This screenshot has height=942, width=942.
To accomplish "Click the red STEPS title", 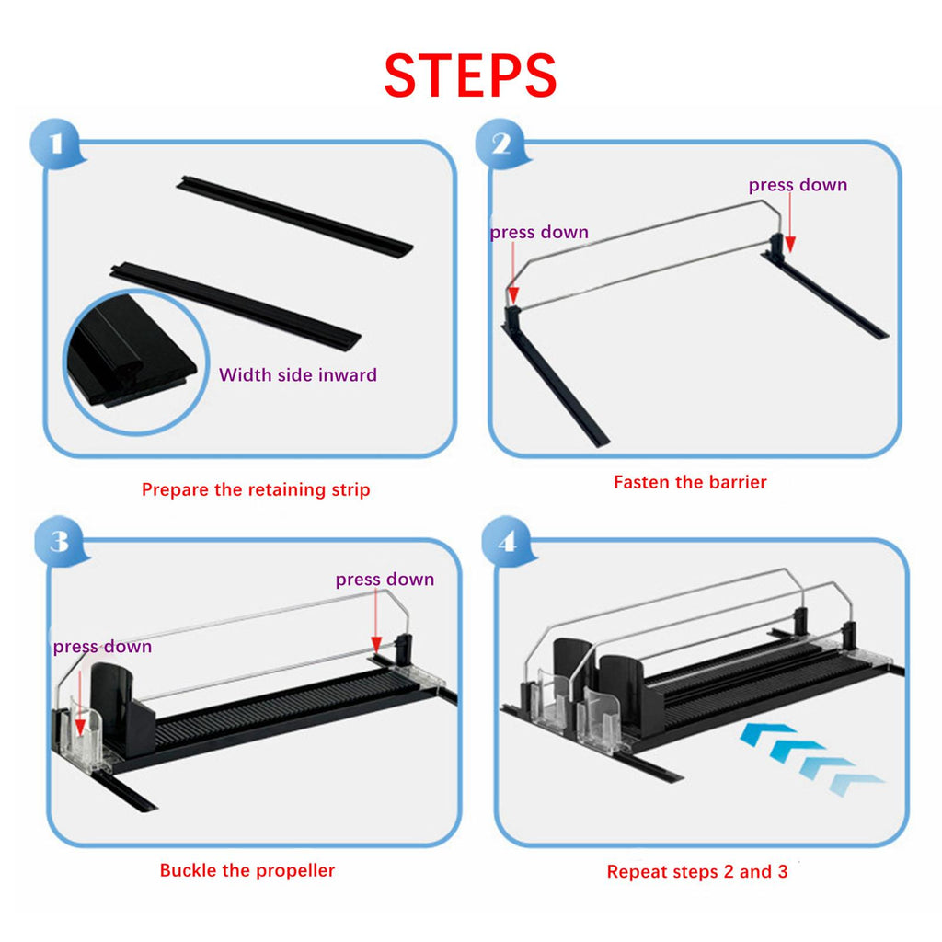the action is [x=470, y=75].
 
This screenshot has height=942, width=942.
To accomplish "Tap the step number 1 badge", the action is [x=56, y=144].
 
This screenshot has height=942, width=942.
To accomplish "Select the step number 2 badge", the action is [x=501, y=144].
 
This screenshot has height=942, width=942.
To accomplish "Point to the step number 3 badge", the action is [x=60, y=541].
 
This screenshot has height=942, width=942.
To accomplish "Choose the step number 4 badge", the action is [x=508, y=541].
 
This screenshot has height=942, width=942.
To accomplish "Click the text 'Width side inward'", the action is [x=298, y=375].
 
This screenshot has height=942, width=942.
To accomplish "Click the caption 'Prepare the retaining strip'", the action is [x=256, y=489].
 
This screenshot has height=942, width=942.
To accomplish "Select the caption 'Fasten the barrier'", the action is [x=690, y=482].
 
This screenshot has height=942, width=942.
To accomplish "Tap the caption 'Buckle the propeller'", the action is [x=247, y=870].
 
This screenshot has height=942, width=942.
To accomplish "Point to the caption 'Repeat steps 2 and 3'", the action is [x=697, y=872].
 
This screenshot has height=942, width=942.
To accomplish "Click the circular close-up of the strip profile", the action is [x=136, y=362].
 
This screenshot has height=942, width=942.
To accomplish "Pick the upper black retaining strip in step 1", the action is [x=294, y=217].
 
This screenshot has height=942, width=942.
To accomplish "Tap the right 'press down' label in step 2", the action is [x=798, y=185].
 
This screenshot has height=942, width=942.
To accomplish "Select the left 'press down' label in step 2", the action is [x=539, y=232].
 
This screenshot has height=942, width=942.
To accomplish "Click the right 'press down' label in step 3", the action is [x=385, y=580].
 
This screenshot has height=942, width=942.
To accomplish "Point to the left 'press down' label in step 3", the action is [x=102, y=647].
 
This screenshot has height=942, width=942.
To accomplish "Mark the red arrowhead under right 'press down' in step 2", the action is [x=790, y=244].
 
